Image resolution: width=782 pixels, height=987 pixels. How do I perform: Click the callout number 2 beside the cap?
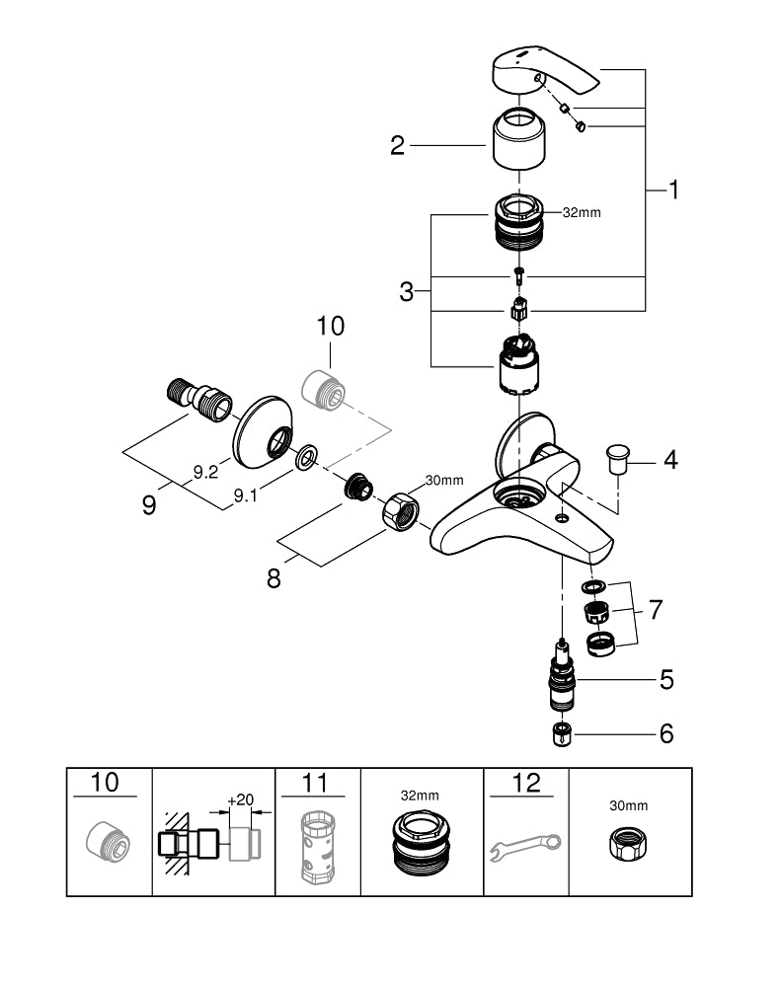[x=397, y=147]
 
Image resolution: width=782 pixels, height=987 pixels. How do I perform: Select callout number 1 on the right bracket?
[x=673, y=190]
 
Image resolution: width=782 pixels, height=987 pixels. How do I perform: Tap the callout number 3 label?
[x=407, y=291]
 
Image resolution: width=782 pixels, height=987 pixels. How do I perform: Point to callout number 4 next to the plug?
[x=670, y=459]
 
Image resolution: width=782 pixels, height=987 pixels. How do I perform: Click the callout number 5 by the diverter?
[x=666, y=679]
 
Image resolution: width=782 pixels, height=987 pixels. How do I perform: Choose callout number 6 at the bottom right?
[x=666, y=733]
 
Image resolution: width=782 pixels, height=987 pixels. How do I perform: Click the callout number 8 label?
[x=274, y=577]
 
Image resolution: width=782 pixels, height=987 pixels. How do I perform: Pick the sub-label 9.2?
[x=205, y=473]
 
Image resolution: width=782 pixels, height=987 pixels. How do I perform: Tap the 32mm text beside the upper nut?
[x=582, y=212]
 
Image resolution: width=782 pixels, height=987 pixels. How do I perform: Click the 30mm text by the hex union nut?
[x=443, y=481]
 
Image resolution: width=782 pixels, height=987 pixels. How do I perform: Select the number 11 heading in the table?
[x=315, y=784]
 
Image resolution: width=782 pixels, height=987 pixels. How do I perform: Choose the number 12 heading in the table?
[x=528, y=784]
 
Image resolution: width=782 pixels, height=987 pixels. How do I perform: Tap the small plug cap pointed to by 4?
[x=618, y=460]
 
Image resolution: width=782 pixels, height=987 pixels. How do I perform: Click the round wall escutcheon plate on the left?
[x=264, y=429]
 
